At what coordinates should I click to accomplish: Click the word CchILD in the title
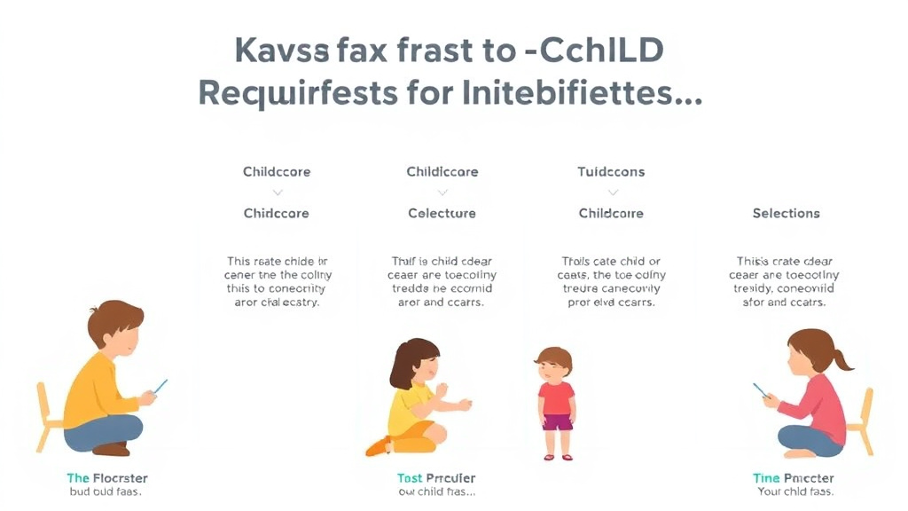pyautogui.click(x=596, y=51)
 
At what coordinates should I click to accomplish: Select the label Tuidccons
pyautogui.click(x=611, y=171)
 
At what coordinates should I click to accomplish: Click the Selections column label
pyautogui.click(x=786, y=213)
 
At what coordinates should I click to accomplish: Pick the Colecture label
pyautogui.click(x=442, y=213)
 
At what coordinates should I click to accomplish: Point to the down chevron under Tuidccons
pyautogui.click(x=611, y=192)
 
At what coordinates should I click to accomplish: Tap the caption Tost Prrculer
pyautogui.click(x=435, y=478)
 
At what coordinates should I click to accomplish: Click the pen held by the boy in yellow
pyautogui.click(x=160, y=386)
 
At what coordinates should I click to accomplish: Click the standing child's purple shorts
pyautogui.click(x=557, y=422)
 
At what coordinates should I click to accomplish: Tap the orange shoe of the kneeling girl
pyautogui.click(x=379, y=446)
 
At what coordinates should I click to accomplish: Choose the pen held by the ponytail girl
pyautogui.click(x=761, y=390)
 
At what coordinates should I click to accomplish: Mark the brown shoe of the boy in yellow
pyautogui.click(x=111, y=449)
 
